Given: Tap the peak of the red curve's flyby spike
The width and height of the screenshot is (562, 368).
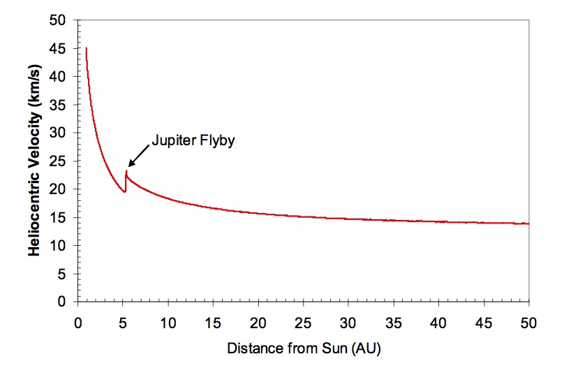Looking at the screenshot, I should [x=126, y=170].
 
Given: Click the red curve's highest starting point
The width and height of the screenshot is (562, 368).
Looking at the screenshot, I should [x=86, y=48].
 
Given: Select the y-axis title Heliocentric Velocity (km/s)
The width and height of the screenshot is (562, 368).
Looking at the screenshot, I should [x=34, y=161].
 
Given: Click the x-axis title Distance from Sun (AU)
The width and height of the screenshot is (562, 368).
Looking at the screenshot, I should [x=304, y=346].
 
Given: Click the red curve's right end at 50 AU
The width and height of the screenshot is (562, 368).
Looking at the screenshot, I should [x=528, y=223].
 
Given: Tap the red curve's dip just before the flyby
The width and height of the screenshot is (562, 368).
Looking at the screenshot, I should [x=125, y=191].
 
